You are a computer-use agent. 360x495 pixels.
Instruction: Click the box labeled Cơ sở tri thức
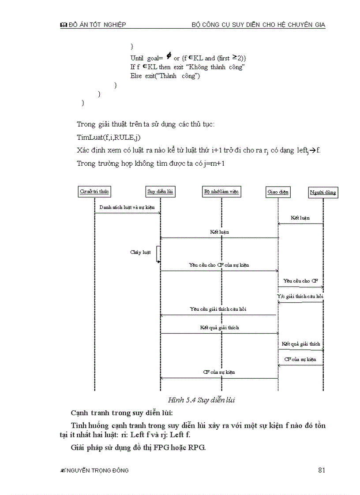[94, 192]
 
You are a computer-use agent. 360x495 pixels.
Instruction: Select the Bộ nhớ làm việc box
[222, 192]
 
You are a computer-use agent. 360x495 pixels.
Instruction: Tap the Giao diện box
[278, 192]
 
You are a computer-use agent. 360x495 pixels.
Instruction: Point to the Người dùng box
[323, 193]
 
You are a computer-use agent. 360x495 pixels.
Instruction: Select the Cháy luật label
[140, 252]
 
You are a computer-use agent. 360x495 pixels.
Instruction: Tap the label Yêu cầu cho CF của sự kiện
[219, 265]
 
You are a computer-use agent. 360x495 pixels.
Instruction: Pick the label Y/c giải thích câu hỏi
[300, 296]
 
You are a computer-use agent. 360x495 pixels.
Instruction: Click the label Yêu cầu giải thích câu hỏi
[218, 309]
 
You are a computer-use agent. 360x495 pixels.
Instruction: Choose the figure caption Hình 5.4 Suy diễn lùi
[202, 400]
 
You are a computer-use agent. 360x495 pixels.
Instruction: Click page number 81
[322, 470]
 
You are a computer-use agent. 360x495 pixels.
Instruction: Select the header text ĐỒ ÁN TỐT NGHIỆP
[97, 25]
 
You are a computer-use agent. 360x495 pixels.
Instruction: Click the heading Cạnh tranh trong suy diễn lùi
[122, 413]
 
